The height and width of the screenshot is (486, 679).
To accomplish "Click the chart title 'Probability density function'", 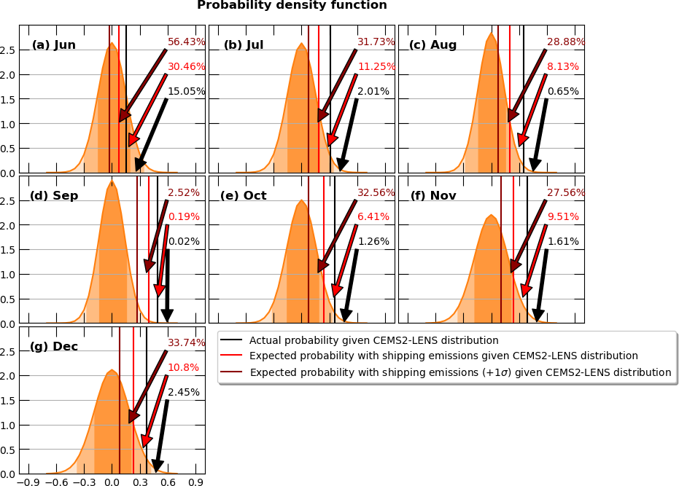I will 292,6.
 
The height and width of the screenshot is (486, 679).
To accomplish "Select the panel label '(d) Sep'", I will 54,196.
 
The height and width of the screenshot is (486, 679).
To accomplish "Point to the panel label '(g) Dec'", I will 54,346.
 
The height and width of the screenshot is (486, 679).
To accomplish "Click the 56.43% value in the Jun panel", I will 187,42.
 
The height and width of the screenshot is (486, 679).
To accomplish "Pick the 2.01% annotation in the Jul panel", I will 373,92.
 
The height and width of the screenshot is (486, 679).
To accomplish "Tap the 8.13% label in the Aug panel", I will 563,67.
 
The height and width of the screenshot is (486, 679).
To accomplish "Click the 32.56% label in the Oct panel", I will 376,193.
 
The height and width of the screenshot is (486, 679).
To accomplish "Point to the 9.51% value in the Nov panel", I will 563,217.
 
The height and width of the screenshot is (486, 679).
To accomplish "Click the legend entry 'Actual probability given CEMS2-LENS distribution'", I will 373,340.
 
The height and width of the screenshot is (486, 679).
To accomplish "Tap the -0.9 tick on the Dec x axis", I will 28,482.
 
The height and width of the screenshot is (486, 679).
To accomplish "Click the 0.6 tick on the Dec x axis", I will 168,482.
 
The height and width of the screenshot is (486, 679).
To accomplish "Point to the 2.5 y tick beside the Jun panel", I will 9,50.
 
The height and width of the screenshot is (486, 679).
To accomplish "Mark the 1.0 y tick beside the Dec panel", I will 9,426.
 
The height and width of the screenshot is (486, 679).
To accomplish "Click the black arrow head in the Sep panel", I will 167,315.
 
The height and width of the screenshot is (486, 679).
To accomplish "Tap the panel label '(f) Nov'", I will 432,196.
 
